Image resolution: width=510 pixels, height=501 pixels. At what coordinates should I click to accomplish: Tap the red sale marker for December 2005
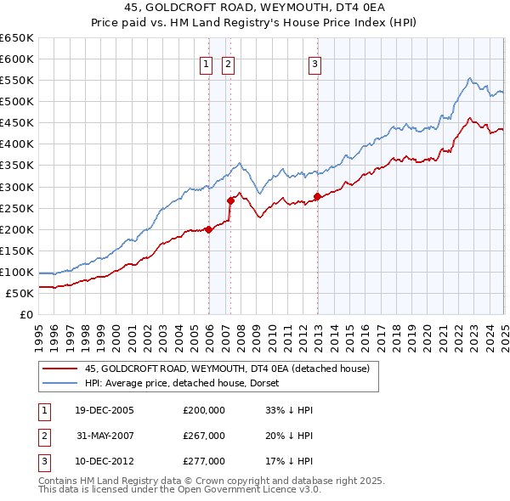[x=208, y=229]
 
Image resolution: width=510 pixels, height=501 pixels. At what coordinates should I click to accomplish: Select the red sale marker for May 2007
[x=230, y=200]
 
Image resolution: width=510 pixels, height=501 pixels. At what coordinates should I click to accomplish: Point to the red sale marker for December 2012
[x=317, y=196]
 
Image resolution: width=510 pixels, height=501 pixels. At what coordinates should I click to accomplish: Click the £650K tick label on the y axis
[x=16, y=38]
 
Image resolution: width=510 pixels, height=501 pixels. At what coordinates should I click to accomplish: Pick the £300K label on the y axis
[x=16, y=187]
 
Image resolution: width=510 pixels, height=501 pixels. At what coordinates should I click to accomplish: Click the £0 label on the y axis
[x=25, y=314]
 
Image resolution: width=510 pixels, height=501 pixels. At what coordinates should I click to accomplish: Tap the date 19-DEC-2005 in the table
[x=104, y=409]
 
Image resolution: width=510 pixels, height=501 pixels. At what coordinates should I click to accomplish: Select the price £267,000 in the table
[x=204, y=436]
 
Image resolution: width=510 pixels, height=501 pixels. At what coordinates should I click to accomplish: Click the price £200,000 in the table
[x=204, y=409]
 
